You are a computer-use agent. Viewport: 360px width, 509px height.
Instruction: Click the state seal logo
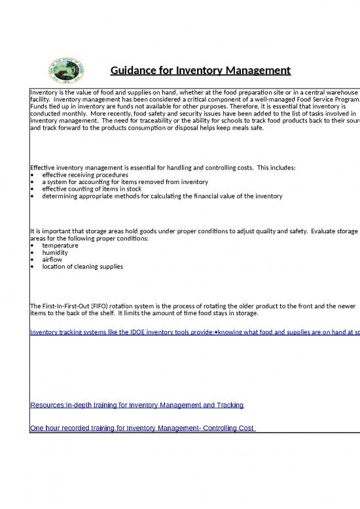63,70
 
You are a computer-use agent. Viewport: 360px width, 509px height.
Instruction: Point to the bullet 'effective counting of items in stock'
96,189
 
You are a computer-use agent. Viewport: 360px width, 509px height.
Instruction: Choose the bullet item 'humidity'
56,253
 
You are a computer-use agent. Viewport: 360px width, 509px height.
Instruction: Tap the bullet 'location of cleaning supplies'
82,267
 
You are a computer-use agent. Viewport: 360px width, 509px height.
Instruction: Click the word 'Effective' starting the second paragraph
46,168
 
